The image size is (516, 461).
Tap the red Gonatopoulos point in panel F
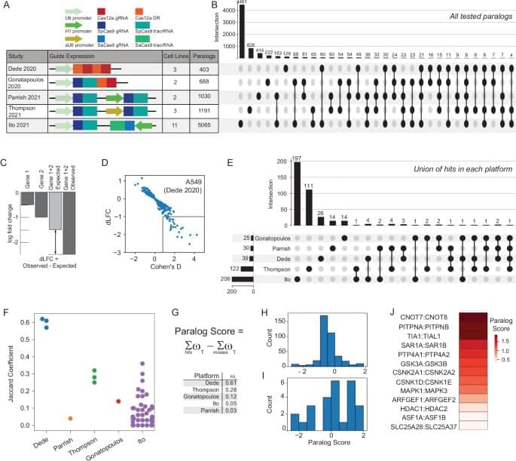(x=118, y=401)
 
